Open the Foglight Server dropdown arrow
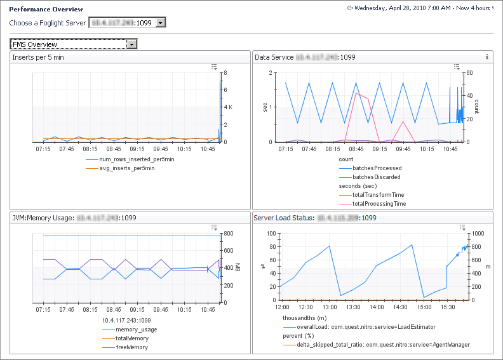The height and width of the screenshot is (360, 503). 161,23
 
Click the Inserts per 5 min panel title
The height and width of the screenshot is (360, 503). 38,58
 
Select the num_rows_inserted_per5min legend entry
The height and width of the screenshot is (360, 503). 137,159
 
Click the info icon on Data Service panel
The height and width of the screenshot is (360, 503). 486,57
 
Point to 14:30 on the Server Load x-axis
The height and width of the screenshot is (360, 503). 400,307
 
